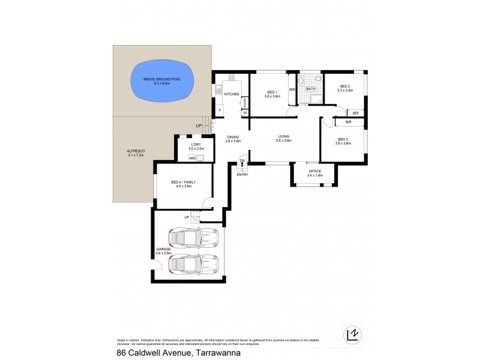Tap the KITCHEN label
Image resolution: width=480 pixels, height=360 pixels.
pyautogui.click(x=232, y=94)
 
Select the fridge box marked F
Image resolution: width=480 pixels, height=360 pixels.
pyautogui.click(x=220, y=110)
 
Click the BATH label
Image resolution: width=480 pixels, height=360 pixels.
pyautogui.click(x=311, y=89)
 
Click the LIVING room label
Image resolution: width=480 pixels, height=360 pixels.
pyautogui.click(x=283, y=136)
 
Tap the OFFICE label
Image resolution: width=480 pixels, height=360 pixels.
pyautogui.click(x=314, y=171)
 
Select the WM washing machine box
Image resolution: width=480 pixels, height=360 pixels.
pyautogui.click(x=192, y=158)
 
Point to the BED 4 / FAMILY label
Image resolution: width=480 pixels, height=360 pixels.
pyautogui.click(x=184, y=182)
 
